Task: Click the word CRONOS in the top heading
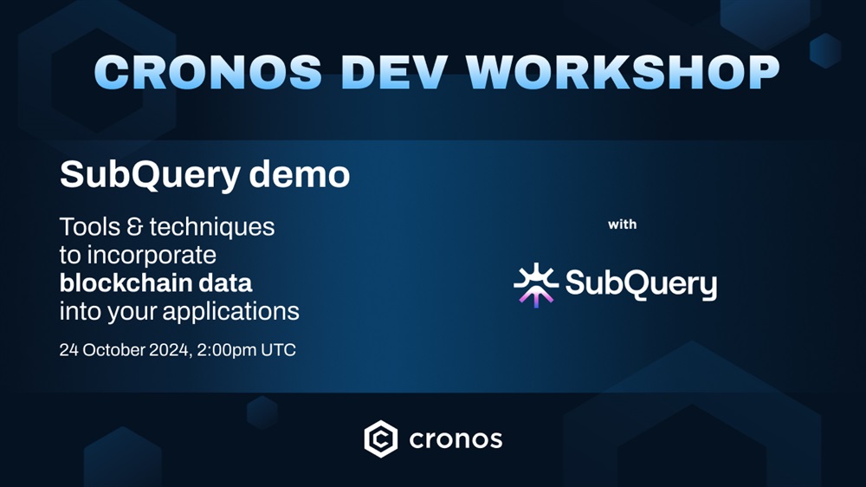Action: [x=208, y=72]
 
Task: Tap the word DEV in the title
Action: [x=394, y=72]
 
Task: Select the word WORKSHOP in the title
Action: [x=623, y=72]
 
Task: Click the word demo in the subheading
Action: [x=300, y=174]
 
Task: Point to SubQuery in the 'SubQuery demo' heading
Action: [x=150, y=176]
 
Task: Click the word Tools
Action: [x=89, y=227]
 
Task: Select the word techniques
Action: [x=212, y=228]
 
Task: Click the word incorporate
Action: [x=152, y=256]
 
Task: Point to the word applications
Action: [x=231, y=312]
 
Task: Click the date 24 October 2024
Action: [x=124, y=350]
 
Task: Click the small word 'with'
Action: [x=623, y=224]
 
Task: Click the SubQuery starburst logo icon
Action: [x=536, y=285]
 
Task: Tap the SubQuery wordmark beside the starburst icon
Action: [x=641, y=283]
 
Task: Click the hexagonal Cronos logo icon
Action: [x=380, y=439]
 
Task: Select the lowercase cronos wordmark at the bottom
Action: [x=456, y=440]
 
